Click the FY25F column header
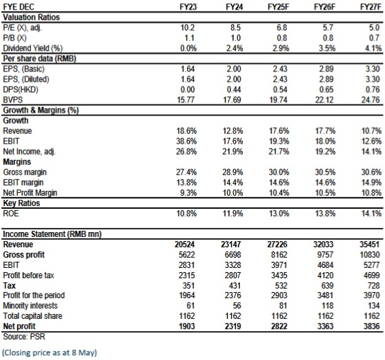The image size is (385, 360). pyautogui.click(x=278, y=7)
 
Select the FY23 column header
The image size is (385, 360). pyautogui.click(x=188, y=7)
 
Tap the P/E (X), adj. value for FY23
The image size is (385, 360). pyautogui.click(x=188, y=27)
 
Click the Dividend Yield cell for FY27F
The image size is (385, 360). pyautogui.click(x=373, y=48)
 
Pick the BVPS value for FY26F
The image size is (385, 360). pyautogui.click(x=324, y=100)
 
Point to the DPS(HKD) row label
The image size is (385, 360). pyautogui.click(x=21, y=89)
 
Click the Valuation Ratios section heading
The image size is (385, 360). pyautogui.click(x=31, y=17)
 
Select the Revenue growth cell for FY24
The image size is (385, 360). pyautogui.click(x=233, y=131)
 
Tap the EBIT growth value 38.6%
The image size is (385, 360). pyautogui.click(x=186, y=141)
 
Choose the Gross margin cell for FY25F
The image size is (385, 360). pyautogui.click(x=279, y=172)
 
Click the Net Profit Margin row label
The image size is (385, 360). pyautogui.click(x=30, y=193)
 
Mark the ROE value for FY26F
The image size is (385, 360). pyautogui.click(x=325, y=214)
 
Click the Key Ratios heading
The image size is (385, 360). pyautogui.click(x=21, y=203)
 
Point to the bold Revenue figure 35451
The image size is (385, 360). pyautogui.click(x=370, y=245)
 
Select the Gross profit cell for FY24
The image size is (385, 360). pyautogui.click(x=233, y=255)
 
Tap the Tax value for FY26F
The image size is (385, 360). pyautogui.click(x=327, y=286)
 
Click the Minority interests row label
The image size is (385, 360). pyautogui.click(x=30, y=306)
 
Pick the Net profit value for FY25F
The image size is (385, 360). pyautogui.click(x=279, y=326)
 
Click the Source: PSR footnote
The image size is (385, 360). pyautogui.click(x=24, y=337)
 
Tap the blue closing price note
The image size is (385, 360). pyautogui.click(x=49, y=352)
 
